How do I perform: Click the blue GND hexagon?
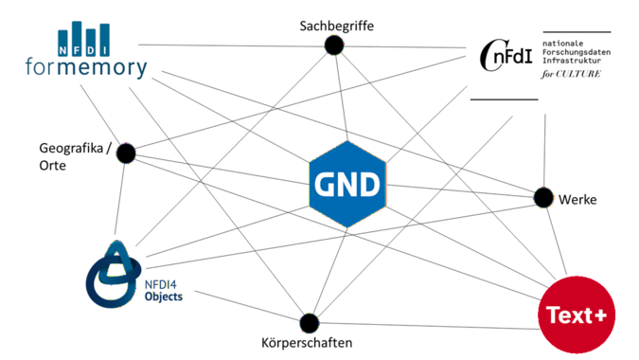[347, 185]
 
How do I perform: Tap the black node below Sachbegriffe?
[334, 45]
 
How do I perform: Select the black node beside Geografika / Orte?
[126, 153]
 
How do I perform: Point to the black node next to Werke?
[543, 198]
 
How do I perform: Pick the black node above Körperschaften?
[310, 323]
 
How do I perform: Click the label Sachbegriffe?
[337, 27]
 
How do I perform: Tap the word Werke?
[577, 199]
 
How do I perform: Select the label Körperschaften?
[307, 342]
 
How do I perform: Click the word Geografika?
[71, 149]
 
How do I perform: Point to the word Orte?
[53, 166]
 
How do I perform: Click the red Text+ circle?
[577, 315]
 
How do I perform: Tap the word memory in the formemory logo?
[102, 67]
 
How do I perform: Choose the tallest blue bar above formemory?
[77, 38]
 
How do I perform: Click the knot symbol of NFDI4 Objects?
[113, 274]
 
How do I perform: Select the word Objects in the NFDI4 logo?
[164, 297]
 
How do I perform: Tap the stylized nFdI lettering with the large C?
[506, 56]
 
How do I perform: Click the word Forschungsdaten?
[577, 52]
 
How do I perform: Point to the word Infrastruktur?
[572, 61]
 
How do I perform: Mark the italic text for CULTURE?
[571, 74]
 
